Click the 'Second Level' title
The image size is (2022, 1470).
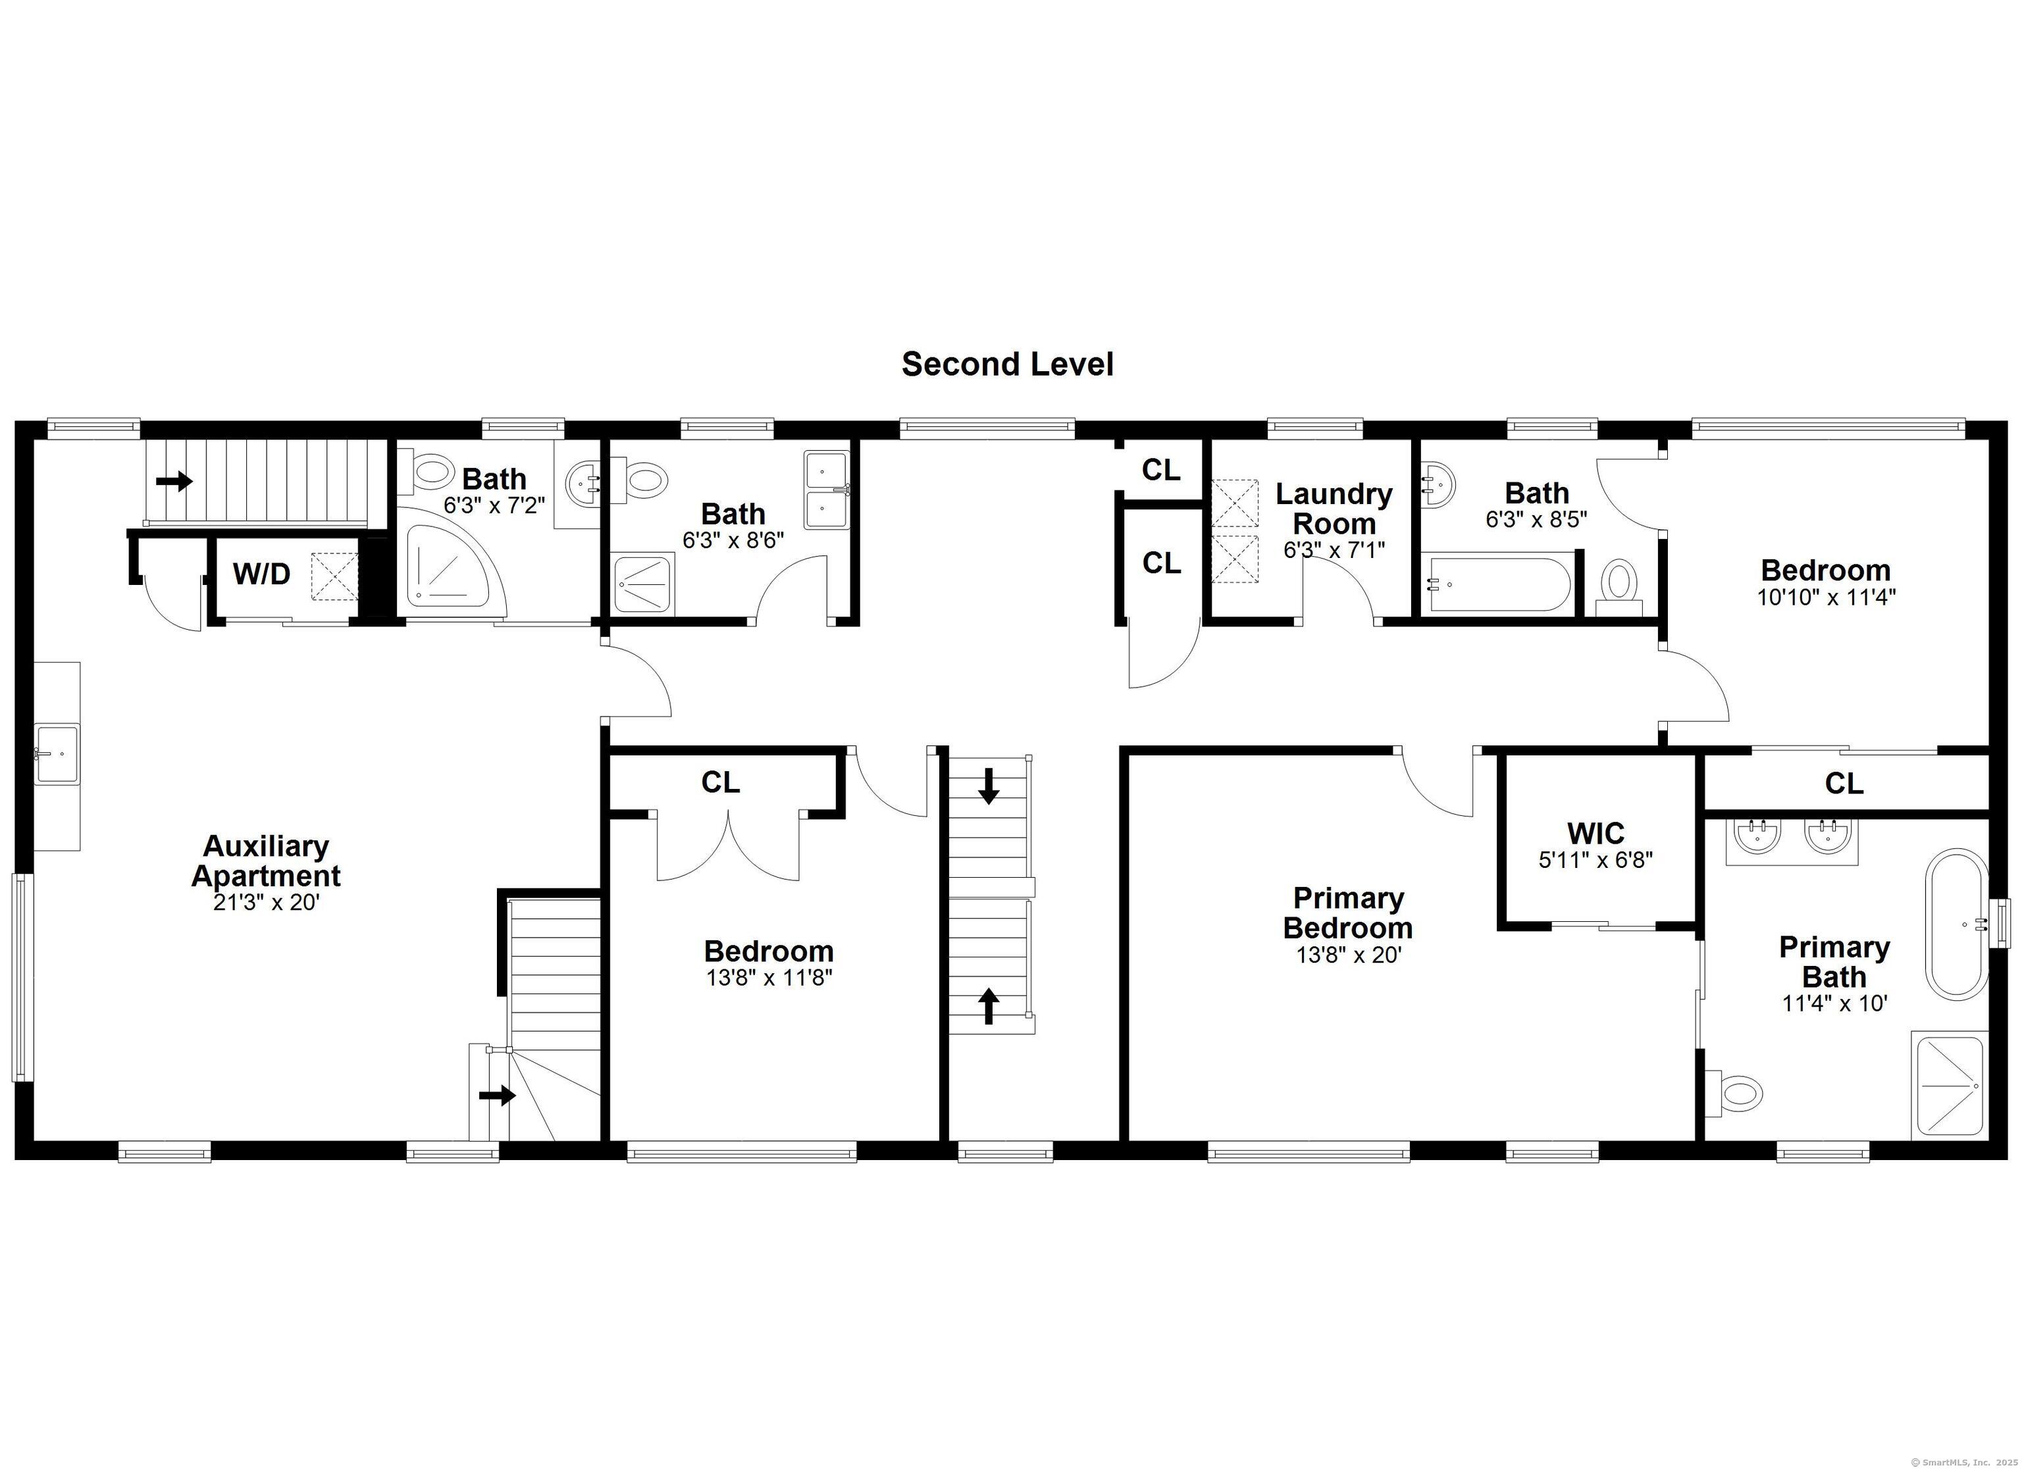pos(1008,364)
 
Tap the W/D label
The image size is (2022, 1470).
pos(261,574)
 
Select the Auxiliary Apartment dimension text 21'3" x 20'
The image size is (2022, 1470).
pos(266,903)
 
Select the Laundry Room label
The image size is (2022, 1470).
pos(1334,508)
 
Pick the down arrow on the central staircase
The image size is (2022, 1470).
pos(988,786)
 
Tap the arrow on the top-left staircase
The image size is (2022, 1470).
pos(174,482)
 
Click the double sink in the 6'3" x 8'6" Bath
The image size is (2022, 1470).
pos(827,490)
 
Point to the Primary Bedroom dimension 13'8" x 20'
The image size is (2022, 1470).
pos(1349,955)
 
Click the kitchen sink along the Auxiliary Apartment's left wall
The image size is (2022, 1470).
pos(57,754)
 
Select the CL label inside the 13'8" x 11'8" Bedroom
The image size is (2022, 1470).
pos(720,782)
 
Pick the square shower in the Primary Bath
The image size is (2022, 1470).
pos(1949,1085)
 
